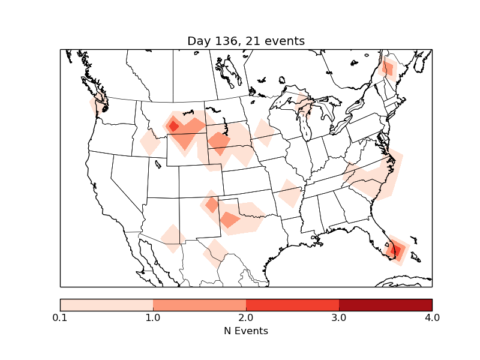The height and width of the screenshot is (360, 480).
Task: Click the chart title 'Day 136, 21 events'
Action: (246, 41)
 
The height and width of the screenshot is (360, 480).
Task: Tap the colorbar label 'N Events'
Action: (246, 331)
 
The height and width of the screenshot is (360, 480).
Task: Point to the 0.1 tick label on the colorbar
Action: (60, 317)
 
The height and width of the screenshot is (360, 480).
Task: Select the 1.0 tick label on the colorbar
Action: (153, 317)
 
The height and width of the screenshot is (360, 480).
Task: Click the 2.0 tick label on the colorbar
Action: (246, 317)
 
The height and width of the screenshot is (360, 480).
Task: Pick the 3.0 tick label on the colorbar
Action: (339, 317)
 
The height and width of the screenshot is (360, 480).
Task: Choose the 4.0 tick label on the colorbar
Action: (432, 317)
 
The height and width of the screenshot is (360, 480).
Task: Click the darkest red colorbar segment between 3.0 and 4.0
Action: (385, 304)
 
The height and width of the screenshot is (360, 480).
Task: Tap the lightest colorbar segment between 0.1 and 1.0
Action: (106, 304)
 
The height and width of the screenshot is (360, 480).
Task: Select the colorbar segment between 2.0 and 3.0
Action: (292, 304)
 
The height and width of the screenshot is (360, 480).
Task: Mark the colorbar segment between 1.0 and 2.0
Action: (199, 304)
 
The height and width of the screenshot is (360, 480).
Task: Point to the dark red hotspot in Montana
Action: (174, 126)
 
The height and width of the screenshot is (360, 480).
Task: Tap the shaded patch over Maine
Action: (388, 69)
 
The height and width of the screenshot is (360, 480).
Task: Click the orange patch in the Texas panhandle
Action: (229, 219)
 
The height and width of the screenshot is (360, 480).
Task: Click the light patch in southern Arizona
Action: (173, 238)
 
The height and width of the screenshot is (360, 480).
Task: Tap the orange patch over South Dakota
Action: (218, 142)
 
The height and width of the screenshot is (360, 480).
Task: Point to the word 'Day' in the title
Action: (198, 41)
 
